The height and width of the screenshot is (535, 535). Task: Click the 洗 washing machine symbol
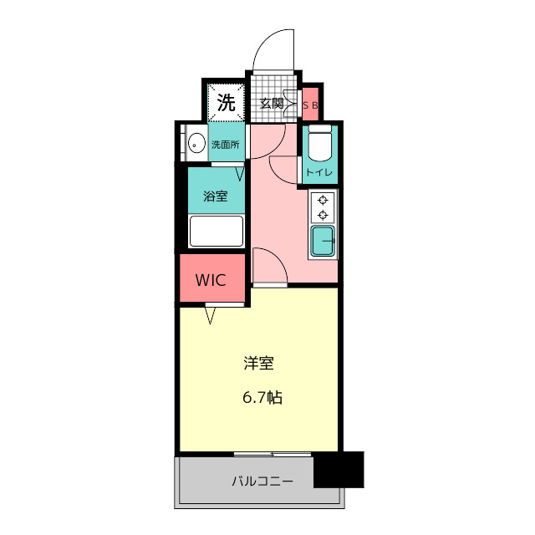point(227,102)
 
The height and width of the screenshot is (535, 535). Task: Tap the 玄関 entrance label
point(272,104)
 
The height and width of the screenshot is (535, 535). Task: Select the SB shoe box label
point(310,105)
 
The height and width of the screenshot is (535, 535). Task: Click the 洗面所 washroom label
point(225,145)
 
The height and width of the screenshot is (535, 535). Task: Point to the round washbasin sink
point(196,143)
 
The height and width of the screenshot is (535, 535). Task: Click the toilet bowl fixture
point(319,143)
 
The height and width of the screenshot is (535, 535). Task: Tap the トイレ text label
point(319,172)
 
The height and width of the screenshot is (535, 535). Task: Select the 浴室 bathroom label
point(216,196)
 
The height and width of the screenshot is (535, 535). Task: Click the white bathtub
point(217,231)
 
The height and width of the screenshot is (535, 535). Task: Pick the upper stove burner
point(323,200)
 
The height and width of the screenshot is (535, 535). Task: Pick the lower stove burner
point(323,216)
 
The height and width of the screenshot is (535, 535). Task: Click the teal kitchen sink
point(323,241)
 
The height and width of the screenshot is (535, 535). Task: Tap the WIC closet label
point(211,280)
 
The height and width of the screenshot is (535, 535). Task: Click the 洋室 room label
point(258,364)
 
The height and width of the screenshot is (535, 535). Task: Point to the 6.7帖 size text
point(262,398)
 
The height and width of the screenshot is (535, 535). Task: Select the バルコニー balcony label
point(262,481)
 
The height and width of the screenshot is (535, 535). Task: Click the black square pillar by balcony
point(339,470)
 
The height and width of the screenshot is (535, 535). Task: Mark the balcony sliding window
point(273,455)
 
